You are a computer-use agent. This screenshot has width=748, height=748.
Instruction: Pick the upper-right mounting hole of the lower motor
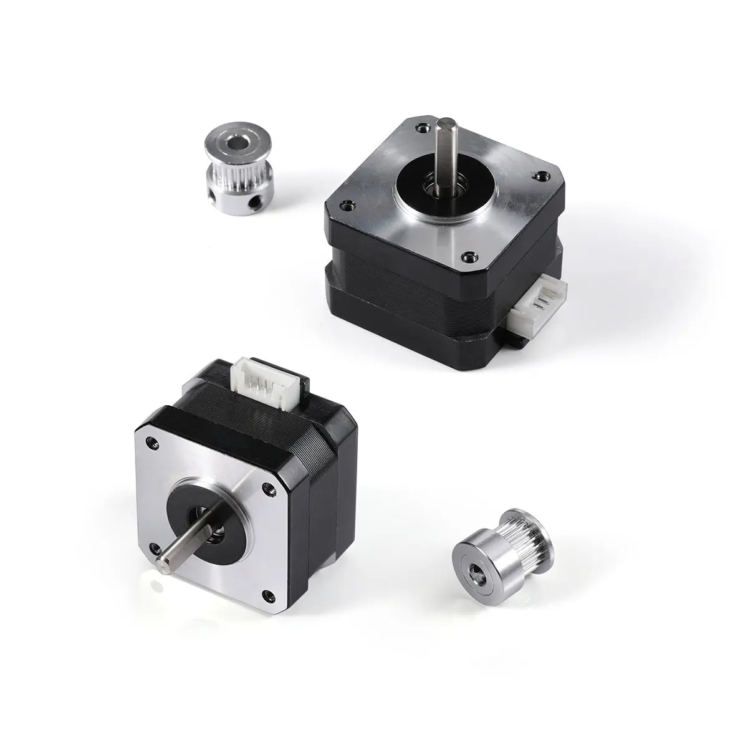pos(266,488)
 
